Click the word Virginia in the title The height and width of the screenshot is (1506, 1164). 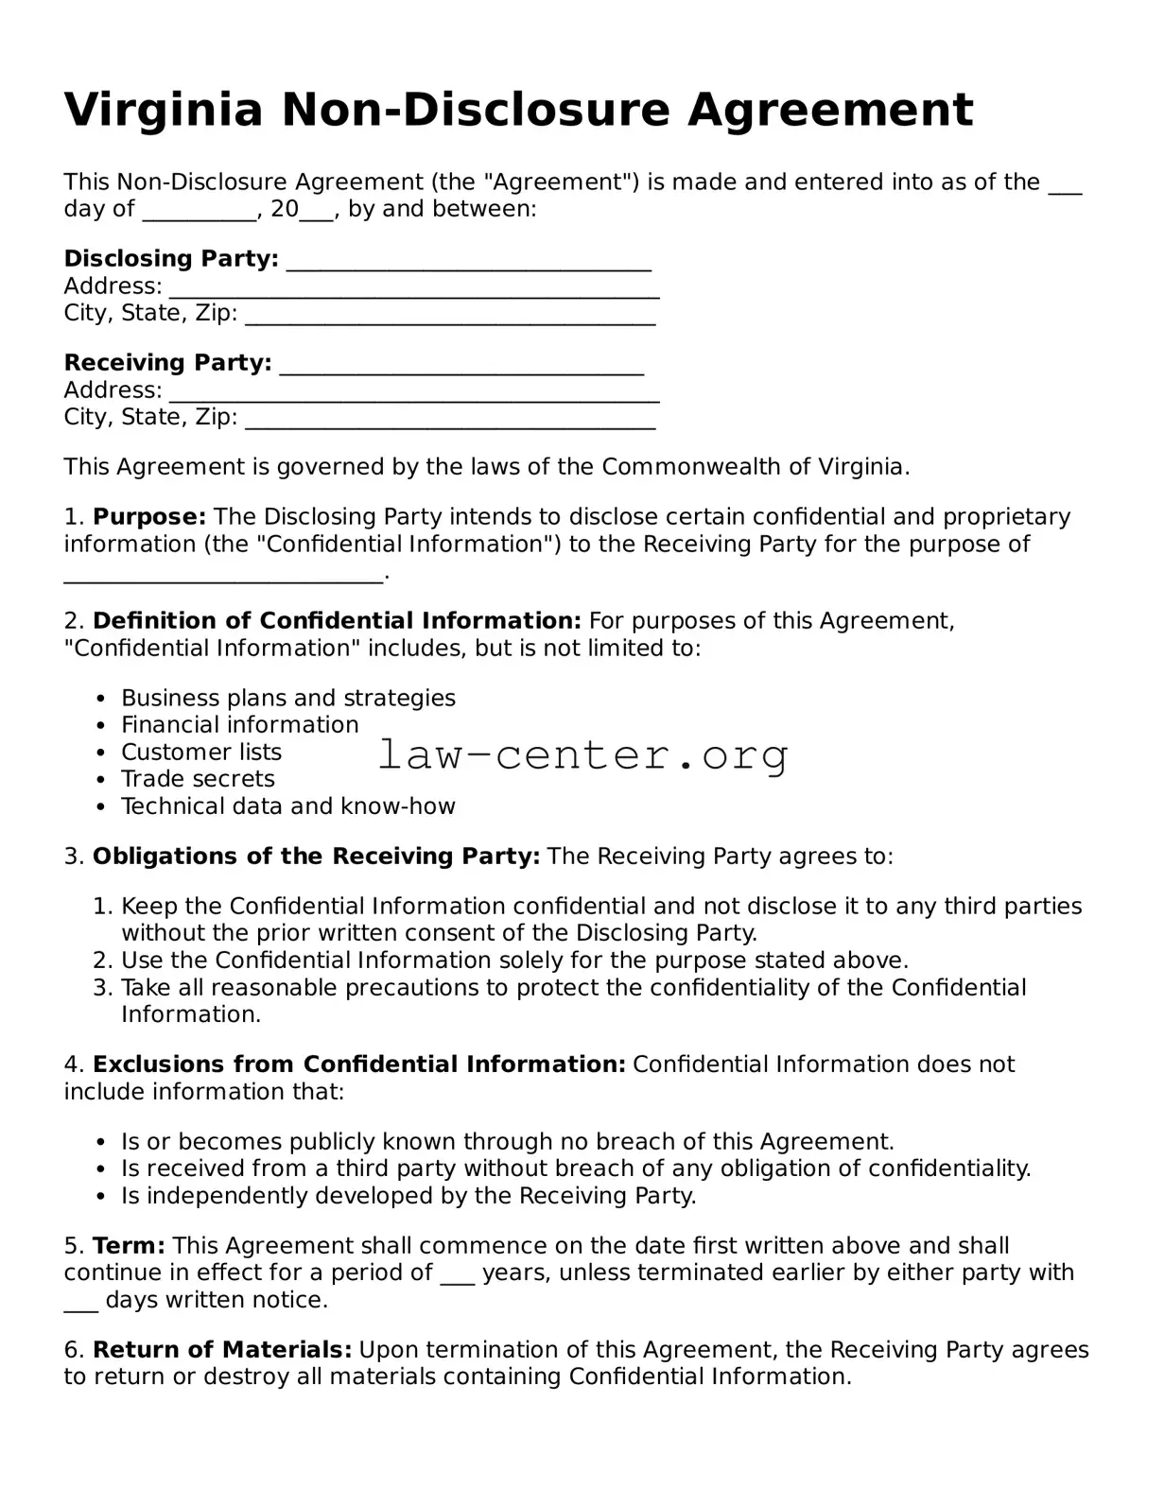163,111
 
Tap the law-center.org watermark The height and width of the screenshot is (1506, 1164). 582,755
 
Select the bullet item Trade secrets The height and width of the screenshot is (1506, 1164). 198,779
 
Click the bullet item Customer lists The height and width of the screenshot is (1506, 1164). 201,753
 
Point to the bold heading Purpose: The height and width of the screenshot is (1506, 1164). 148,517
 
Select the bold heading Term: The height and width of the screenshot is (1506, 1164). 129,1246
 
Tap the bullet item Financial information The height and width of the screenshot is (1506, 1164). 239,725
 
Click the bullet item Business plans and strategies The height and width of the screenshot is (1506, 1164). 287,699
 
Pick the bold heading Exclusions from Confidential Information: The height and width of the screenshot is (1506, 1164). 358,1065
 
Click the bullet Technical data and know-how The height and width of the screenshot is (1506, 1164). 287,806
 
